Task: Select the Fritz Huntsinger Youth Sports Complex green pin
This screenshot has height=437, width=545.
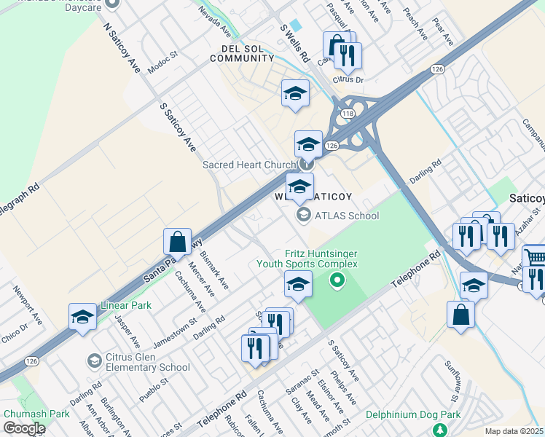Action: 337,280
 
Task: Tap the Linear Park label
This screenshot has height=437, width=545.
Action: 127,305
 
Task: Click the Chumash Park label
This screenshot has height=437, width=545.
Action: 36,414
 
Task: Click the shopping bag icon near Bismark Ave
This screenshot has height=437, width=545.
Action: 177,241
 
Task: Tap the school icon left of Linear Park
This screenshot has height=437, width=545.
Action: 83,316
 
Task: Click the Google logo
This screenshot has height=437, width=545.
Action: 24,428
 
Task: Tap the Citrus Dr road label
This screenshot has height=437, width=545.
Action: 348,79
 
